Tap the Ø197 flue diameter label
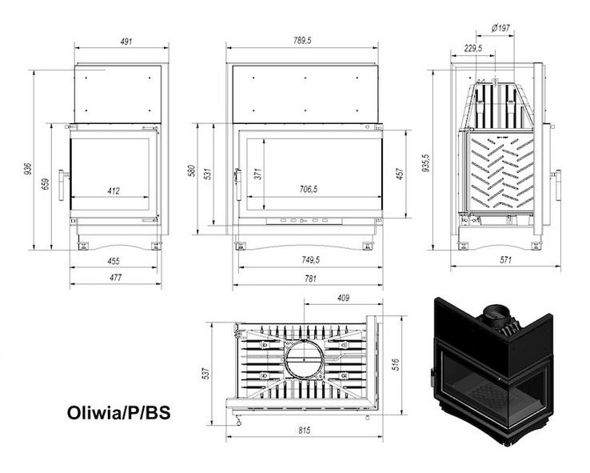tap(500, 28)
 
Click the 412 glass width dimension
tap(114, 190)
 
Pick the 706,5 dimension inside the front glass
tap(308, 190)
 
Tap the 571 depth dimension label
tap(504, 260)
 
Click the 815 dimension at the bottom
tap(304, 431)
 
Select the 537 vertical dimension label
tap(205, 373)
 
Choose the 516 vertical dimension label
tap(397, 364)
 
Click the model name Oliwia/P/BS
tap(118, 414)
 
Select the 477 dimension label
tap(115, 279)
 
